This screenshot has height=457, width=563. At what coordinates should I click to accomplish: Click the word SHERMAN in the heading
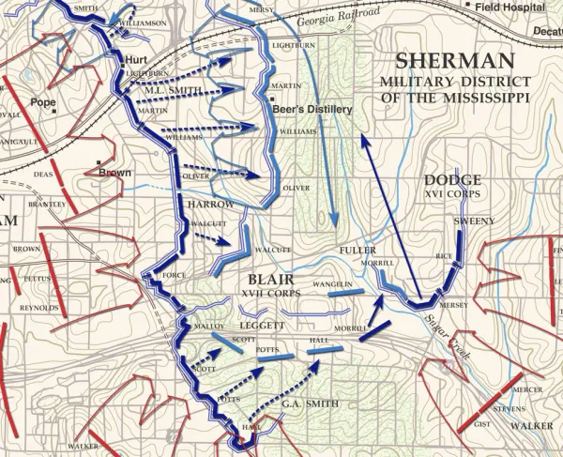coord(455,62)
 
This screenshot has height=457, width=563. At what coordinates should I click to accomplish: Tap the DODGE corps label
coord(452,180)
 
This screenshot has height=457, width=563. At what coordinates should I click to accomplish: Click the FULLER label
coord(358,251)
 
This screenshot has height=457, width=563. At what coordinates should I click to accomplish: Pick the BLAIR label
coord(272,279)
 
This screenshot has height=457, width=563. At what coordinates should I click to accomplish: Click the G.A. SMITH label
coord(309,404)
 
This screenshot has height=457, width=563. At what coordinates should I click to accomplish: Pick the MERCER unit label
coord(528,388)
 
